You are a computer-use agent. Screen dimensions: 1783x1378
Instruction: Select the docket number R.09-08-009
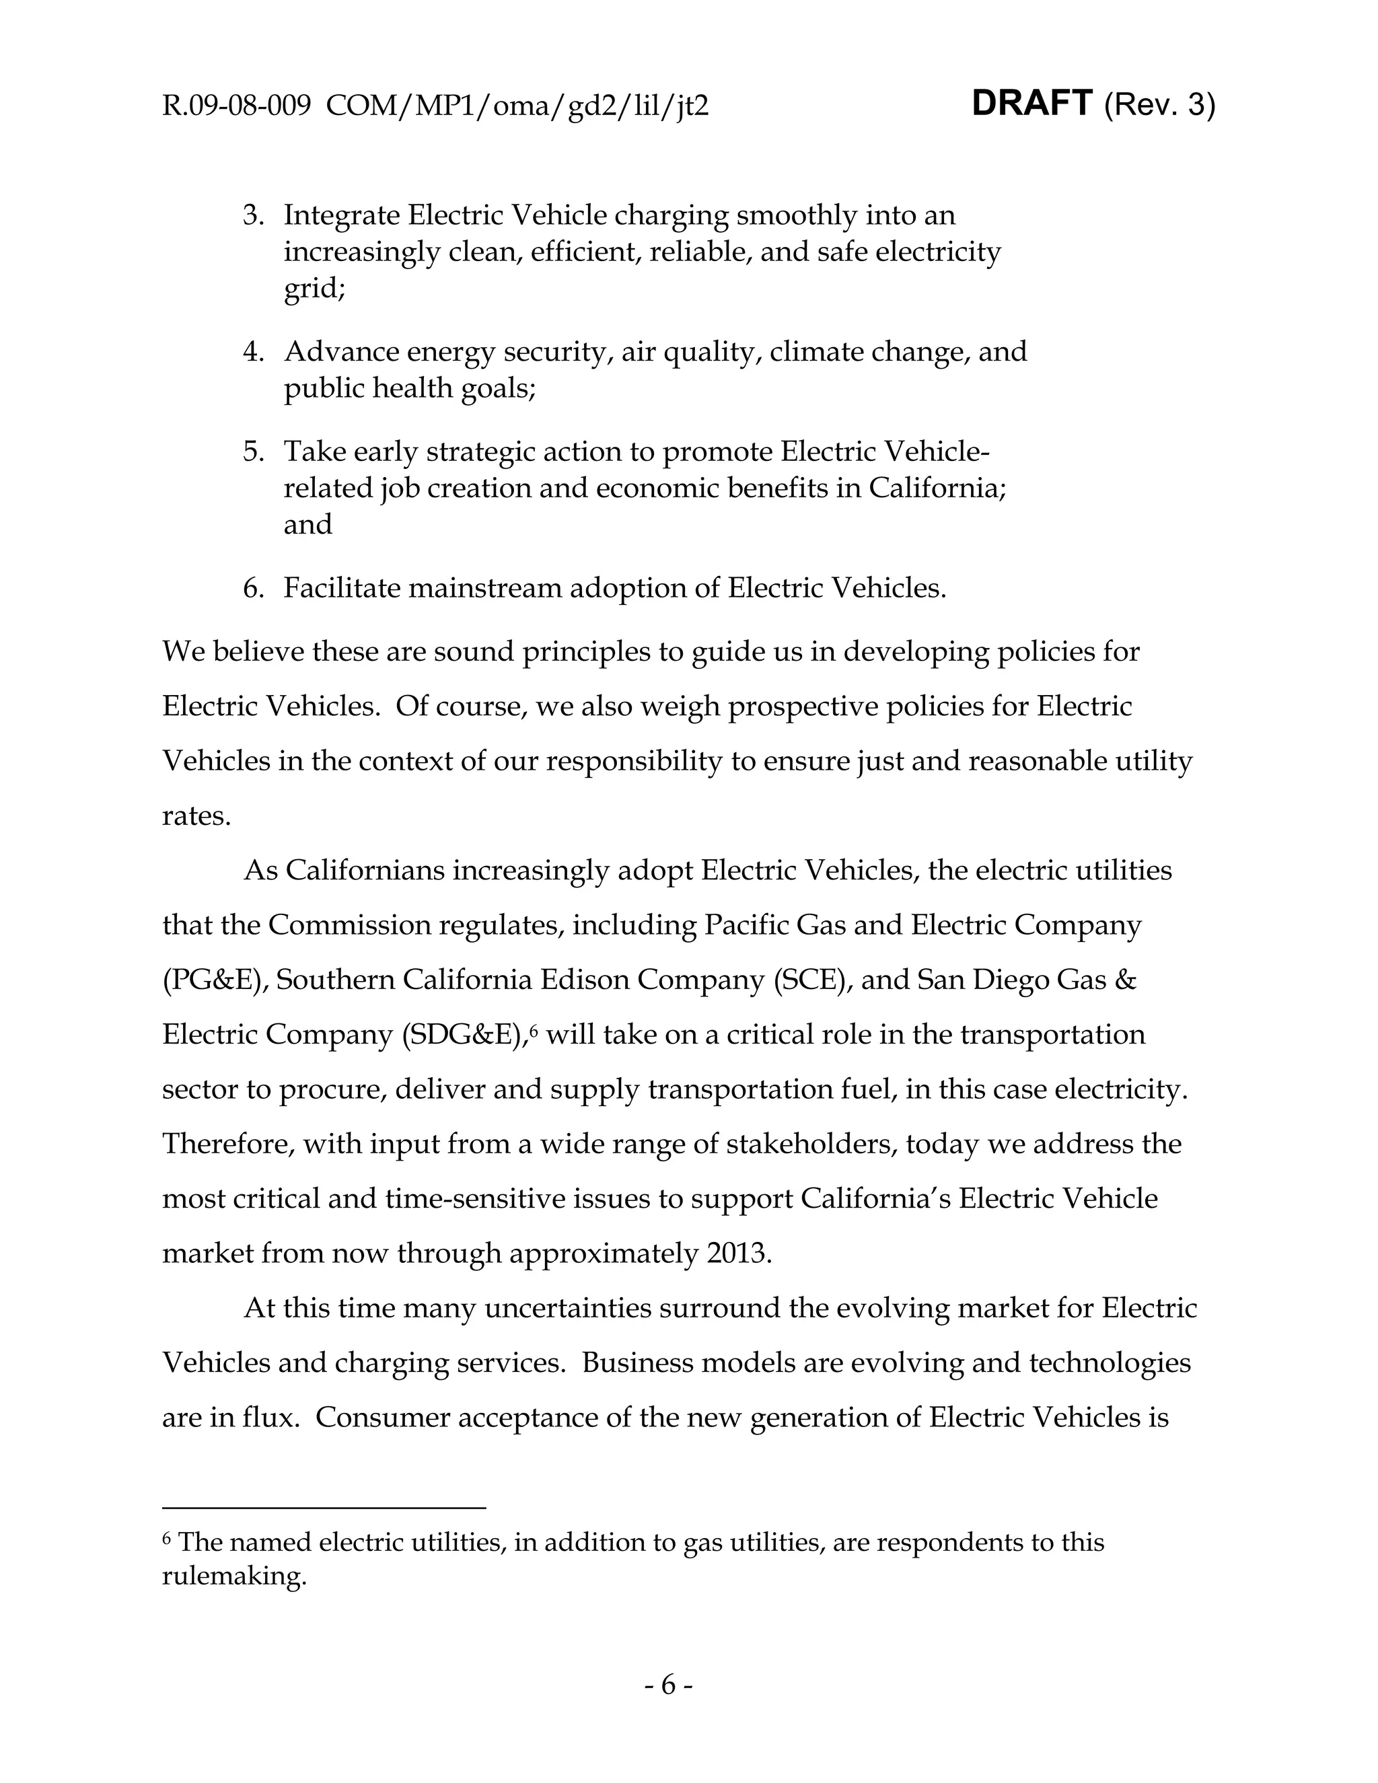(236, 106)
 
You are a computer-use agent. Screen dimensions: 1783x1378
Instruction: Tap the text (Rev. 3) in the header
(1159, 106)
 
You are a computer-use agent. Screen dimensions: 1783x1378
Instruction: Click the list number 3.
(253, 215)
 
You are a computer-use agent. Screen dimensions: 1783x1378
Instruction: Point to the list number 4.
(253, 352)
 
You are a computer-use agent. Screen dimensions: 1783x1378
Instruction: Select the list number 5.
(253, 451)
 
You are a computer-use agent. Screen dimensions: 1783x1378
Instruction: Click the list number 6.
(253, 588)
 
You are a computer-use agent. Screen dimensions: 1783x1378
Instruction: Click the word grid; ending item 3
(314, 289)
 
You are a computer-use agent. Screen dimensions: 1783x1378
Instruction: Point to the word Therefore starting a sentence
(228, 1144)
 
